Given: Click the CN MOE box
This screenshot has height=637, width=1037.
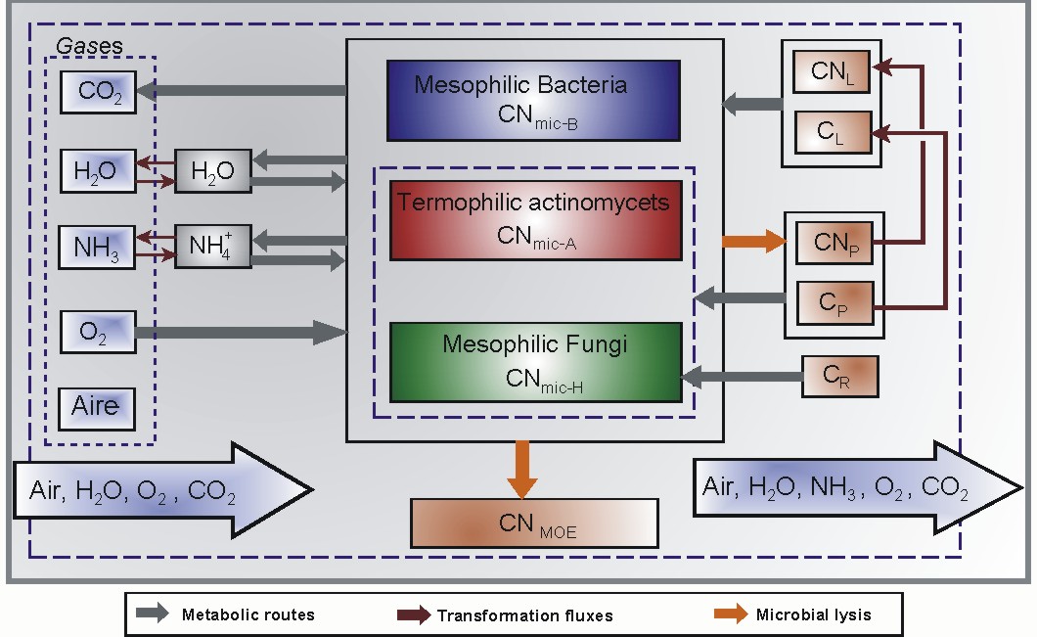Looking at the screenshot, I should [534, 523].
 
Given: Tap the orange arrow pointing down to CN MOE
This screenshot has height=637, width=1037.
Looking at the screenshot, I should [525, 471].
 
